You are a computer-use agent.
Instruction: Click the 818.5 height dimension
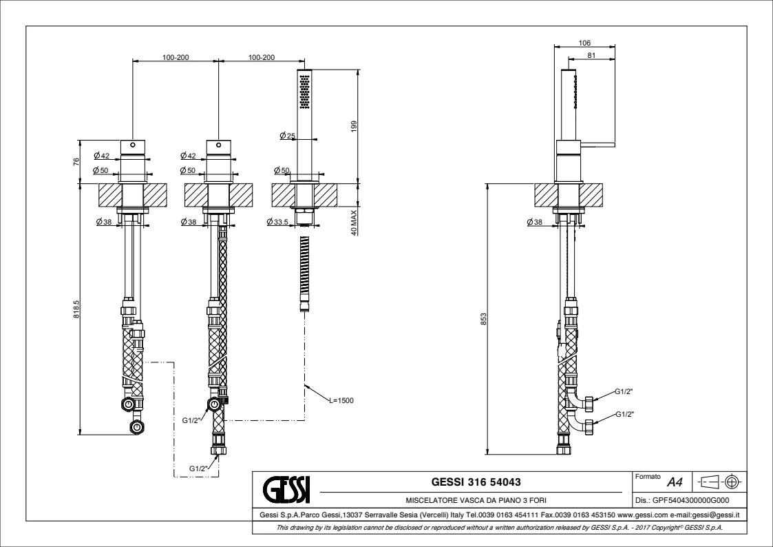[77, 311]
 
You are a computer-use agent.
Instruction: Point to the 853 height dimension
[484, 320]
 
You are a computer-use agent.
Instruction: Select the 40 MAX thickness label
[353, 223]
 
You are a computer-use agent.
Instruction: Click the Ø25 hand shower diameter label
[288, 135]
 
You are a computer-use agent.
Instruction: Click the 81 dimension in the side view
[591, 56]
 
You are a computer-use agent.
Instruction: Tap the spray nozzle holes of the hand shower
[304, 92]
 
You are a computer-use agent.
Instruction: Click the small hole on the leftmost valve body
[133, 146]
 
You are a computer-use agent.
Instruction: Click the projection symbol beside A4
[720, 481]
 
